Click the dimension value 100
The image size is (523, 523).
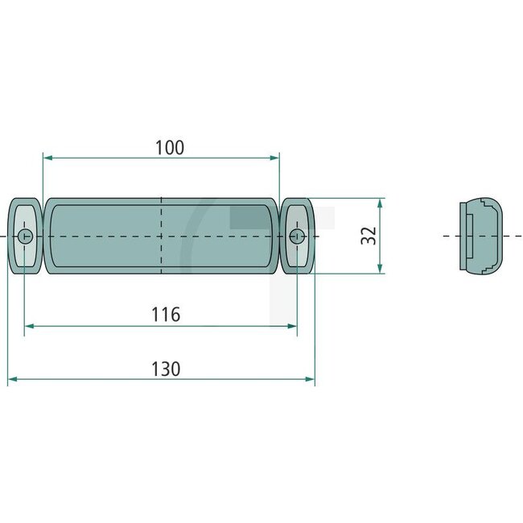(x=170, y=147)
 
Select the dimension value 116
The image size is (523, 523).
(x=166, y=315)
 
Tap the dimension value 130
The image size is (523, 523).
(x=166, y=369)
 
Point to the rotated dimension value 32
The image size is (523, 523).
(x=368, y=236)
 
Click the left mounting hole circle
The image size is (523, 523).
(x=25, y=236)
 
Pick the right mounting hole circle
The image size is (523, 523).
(x=297, y=236)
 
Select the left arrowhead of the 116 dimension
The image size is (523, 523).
(x=30, y=326)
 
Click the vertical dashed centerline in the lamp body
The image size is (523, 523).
(x=162, y=217)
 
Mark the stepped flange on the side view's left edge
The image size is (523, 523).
(x=464, y=236)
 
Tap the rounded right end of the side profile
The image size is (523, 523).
(x=504, y=235)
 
